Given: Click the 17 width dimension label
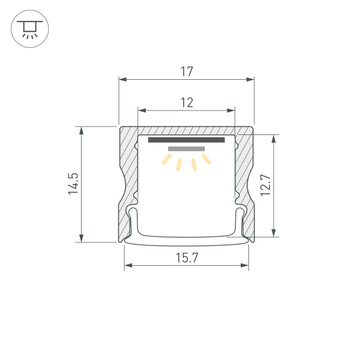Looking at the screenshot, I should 187,71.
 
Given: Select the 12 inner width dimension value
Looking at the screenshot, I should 187,103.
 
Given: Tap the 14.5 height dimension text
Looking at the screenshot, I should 73,184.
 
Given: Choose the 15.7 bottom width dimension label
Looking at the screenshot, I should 187,257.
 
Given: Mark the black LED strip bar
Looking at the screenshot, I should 187,140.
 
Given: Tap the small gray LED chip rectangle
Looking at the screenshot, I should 187,148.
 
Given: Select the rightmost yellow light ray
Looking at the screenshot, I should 207,159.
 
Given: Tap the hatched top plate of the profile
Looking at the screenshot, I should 187,130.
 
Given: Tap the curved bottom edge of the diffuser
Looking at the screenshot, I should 187,244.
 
